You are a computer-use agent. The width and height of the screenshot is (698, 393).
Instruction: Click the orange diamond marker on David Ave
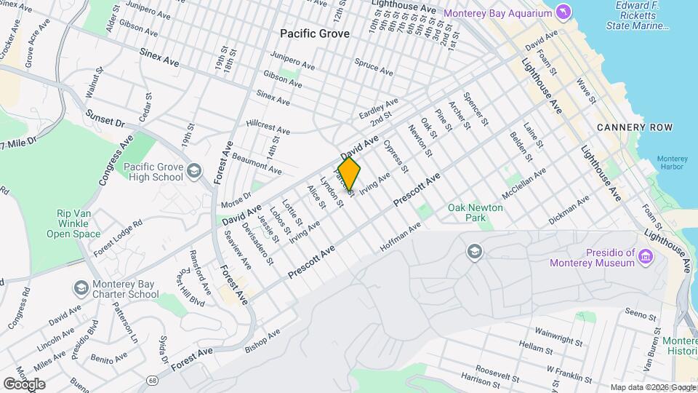click(349, 175)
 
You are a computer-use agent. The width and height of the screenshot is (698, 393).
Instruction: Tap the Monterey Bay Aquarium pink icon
click(563, 12)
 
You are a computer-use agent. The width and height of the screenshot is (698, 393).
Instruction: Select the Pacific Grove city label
click(315, 33)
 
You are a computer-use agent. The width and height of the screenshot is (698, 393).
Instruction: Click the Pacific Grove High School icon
click(193, 172)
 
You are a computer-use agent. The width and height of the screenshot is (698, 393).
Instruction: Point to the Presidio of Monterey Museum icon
click(646, 256)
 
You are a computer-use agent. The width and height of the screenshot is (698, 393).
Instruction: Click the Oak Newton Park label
click(476, 213)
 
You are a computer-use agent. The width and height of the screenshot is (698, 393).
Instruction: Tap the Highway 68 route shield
click(152, 380)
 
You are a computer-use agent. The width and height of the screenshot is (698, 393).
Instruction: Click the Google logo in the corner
click(24, 384)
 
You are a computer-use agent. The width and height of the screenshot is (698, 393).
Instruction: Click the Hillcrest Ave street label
click(268, 127)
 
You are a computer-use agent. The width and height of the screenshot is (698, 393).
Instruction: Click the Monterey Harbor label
click(670, 162)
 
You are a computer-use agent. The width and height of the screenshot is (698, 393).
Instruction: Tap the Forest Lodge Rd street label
click(117, 238)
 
